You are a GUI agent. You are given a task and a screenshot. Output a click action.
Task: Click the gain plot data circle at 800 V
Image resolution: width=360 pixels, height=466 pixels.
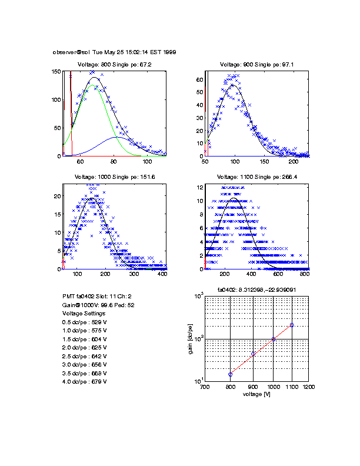coord(231,374)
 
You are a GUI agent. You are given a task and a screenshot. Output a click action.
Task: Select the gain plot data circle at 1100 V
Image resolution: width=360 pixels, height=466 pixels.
coord(292,325)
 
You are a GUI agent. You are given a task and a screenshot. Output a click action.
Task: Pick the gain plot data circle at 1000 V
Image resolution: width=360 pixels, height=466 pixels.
coord(273,339)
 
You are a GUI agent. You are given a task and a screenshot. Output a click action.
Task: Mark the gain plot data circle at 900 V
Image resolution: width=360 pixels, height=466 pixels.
coord(254,354)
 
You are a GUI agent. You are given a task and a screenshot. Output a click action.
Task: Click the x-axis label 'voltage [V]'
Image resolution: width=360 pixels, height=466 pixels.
coord(256,395)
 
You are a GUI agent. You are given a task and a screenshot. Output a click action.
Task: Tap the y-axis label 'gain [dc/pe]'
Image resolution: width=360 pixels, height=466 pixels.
coord(191,339)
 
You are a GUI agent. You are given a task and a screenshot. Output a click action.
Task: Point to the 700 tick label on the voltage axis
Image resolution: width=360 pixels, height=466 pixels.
coord(205,388)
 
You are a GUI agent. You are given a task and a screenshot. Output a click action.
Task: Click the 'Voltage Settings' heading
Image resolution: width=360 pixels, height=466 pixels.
coord(82,314)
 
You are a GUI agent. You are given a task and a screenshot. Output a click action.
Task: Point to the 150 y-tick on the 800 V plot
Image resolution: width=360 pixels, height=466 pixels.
coord(57,71)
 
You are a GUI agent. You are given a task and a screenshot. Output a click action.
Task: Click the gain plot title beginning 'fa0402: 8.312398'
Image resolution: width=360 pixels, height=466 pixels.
coord(256,289)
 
